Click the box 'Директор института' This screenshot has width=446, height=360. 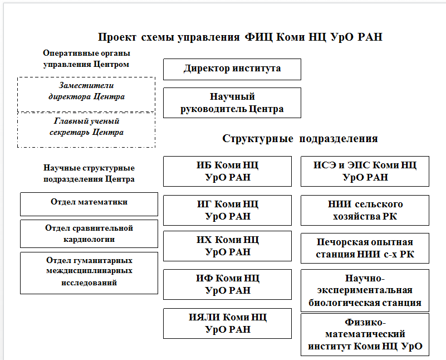(x=232, y=69)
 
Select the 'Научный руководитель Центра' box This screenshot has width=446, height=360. (x=232, y=103)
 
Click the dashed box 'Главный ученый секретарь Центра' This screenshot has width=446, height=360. (x=86, y=127)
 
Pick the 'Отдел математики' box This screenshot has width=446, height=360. (x=89, y=203)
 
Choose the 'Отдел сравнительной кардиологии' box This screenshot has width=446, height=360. (x=89, y=233)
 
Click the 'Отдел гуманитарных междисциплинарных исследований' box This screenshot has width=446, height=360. (x=89, y=273)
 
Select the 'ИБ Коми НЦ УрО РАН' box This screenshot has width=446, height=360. (x=227, y=171)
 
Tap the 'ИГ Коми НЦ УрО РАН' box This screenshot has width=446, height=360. (x=227, y=210)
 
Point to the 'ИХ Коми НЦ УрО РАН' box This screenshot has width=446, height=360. (x=227, y=246)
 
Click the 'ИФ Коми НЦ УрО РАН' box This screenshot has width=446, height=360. (x=227, y=284)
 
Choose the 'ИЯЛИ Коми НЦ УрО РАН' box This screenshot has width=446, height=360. (x=227, y=323)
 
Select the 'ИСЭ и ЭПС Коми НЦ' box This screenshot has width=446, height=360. (x=365, y=171)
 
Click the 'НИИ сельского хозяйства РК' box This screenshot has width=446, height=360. (x=365, y=210)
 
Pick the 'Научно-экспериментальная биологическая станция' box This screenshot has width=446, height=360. (x=365, y=290)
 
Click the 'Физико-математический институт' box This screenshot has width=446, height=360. (x=365, y=334)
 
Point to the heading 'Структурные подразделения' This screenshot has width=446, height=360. (x=300, y=139)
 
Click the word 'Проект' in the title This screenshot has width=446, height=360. (x=118, y=38)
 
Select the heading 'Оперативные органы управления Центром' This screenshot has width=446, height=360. (x=86, y=58)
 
